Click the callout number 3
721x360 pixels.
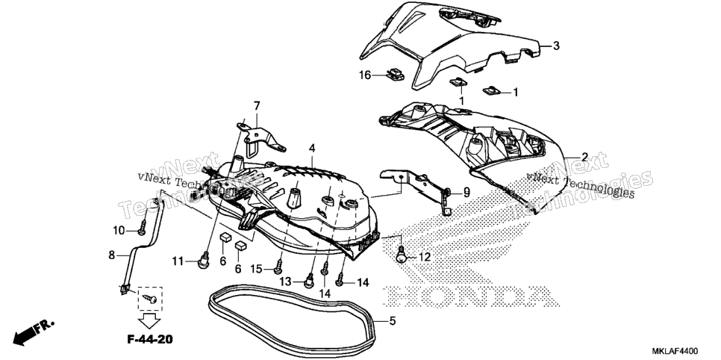[x=556, y=46]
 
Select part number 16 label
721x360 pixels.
[x=365, y=75]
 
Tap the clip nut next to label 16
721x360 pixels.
[x=395, y=74]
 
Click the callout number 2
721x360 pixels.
[x=584, y=157]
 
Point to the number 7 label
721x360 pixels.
[x=257, y=106]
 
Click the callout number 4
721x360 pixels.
[x=312, y=148]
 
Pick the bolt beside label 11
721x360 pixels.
[x=204, y=260]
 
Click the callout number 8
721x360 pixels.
[x=112, y=255]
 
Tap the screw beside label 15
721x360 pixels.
[x=278, y=267]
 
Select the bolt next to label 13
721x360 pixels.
[x=310, y=280]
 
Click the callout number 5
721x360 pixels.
[x=392, y=320]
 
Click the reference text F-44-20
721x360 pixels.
[x=150, y=340]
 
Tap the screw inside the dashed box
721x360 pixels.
[x=150, y=298]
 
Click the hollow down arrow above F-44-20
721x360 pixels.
[x=150, y=320]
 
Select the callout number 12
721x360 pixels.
[x=425, y=257]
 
